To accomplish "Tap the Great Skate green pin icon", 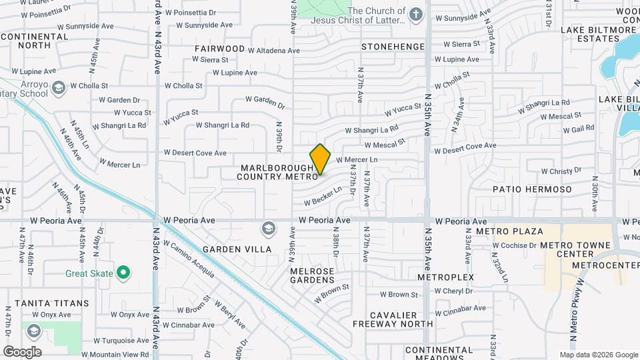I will [x=123, y=273].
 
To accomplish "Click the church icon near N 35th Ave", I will [x=416, y=15].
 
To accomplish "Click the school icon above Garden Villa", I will [x=269, y=229].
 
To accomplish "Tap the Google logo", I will [x=22, y=351].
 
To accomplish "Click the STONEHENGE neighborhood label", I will [x=393, y=47].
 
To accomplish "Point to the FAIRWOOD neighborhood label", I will [x=220, y=49].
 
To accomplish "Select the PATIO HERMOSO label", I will [x=532, y=189].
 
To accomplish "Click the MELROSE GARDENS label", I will [x=312, y=275].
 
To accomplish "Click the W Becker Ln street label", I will [x=323, y=195].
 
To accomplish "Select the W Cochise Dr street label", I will [x=514, y=245].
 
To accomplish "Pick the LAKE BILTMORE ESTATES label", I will [x=599, y=34].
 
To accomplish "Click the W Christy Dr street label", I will [x=551, y=171].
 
